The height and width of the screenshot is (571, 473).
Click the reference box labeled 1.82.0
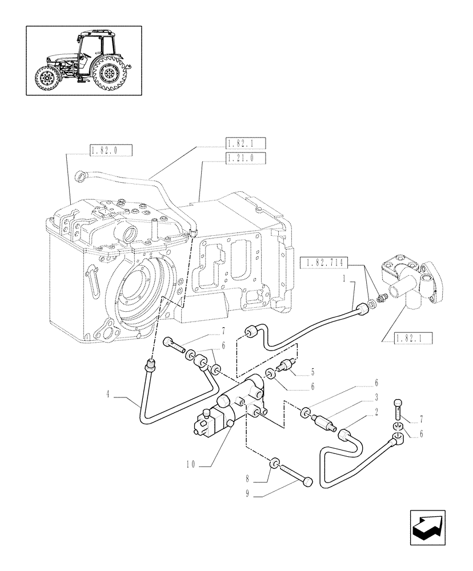[x=111, y=150]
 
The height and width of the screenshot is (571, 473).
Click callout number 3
[x=378, y=396]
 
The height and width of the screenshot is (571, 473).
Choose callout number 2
[x=378, y=409]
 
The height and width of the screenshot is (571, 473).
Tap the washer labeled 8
[x=275, y=461]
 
